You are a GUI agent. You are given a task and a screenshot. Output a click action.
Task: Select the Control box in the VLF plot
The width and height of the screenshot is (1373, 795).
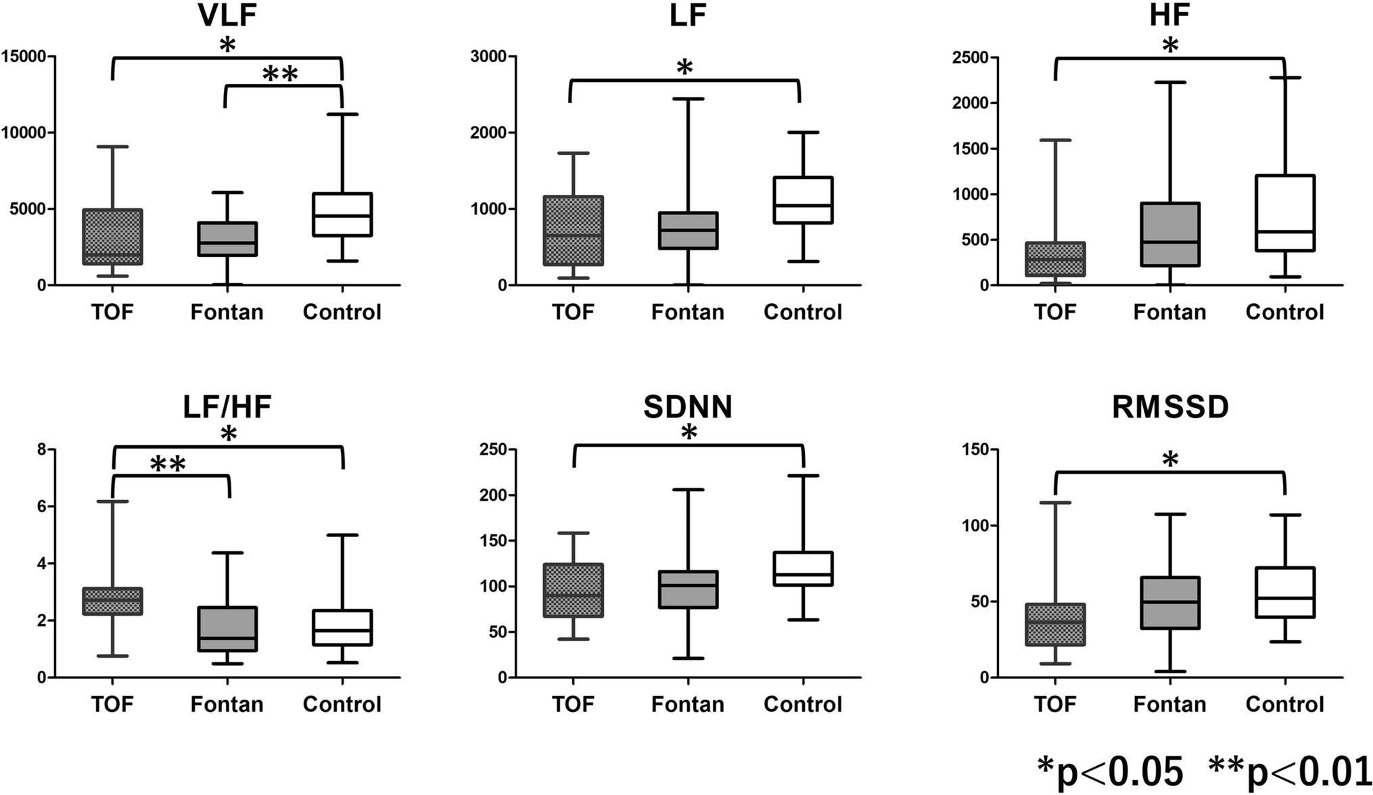pos(342,214)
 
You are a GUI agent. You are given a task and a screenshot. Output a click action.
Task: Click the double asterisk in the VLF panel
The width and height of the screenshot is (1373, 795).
pos(279,74)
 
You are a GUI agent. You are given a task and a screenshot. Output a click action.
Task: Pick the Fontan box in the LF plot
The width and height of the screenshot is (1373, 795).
pos(688,231)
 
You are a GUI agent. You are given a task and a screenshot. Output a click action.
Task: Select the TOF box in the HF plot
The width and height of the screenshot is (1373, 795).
pos(1055,259)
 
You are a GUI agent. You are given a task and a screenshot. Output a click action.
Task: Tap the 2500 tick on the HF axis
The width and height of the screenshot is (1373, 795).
pos(969,58)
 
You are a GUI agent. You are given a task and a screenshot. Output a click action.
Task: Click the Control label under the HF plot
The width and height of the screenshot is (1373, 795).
pos(1284,312)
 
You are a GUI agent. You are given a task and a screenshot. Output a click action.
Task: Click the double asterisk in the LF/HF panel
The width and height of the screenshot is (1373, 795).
pos(167,465)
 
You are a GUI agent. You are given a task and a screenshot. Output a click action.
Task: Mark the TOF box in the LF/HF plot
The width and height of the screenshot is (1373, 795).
pos(112,601)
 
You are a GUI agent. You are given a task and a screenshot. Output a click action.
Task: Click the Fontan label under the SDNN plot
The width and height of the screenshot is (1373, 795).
pos(687,704)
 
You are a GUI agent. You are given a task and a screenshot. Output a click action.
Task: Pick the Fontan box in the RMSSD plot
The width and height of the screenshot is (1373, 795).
pos(1170,603)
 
